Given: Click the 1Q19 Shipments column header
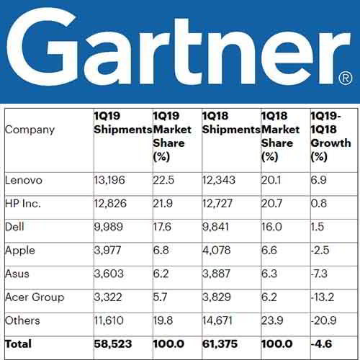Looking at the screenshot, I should coord(122,123).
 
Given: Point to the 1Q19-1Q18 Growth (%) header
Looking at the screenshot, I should coord(330,130).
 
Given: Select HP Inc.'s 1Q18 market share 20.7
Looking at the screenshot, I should coord(273,204).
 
